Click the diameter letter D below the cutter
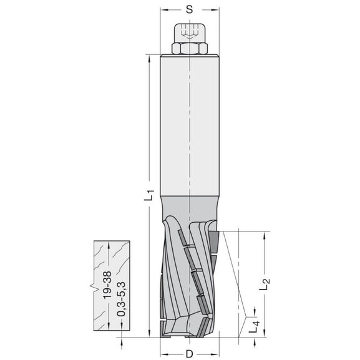coord(188,353)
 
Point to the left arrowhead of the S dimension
coord(163,11)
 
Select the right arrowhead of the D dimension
coord(215,353)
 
